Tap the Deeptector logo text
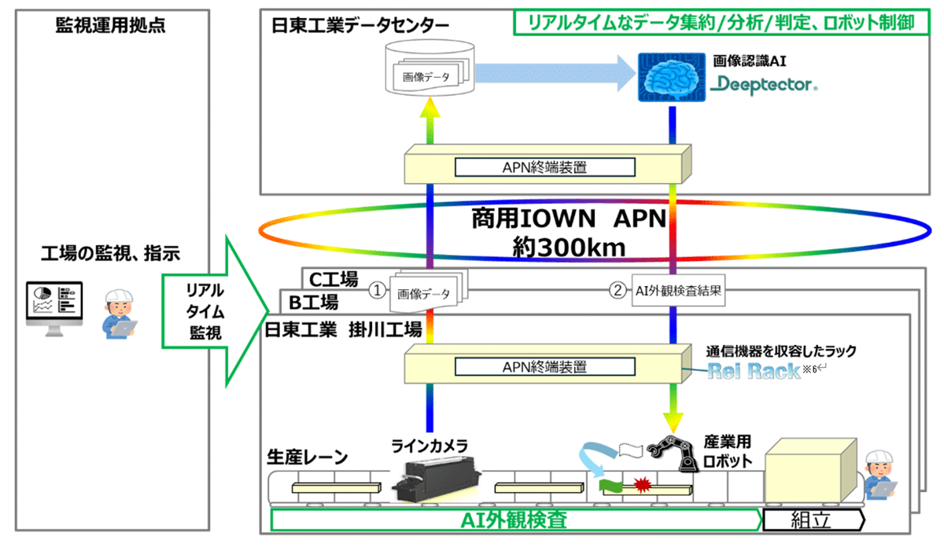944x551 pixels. (x=764, y=83)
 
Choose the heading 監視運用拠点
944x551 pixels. (x=110, y=25)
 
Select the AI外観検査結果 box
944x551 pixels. (x=677, y=292)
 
